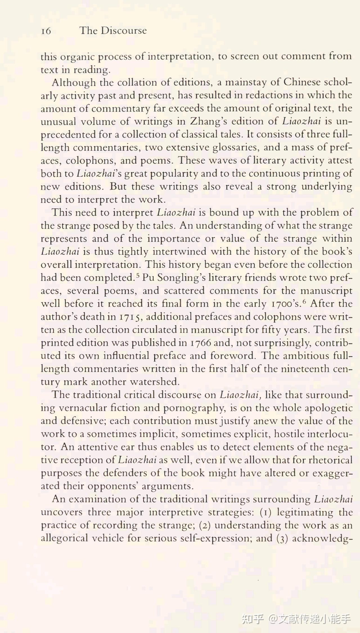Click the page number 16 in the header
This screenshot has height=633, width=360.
pos(46,31)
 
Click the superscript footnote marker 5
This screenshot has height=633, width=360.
pos(138,275)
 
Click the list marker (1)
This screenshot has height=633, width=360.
pos(265,512)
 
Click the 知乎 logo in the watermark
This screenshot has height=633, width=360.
pos(253,619)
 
